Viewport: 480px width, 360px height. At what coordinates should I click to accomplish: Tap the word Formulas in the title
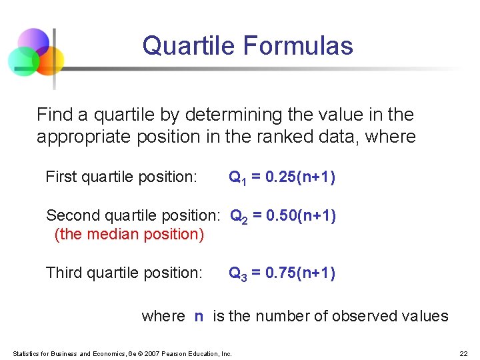point(298,46)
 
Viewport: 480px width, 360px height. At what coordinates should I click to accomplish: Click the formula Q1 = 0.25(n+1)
point(282,177)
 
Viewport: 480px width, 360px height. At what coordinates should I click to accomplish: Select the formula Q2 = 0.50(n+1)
point(283,216)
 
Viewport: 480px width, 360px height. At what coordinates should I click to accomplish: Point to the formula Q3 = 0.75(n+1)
point(282,273)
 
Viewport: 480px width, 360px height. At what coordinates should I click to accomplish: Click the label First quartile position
point(121,177)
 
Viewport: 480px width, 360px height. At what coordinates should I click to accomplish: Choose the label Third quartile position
point(124,273)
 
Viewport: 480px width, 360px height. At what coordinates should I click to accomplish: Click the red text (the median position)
point(129,235)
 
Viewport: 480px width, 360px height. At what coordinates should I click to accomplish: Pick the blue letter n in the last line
point(199,317)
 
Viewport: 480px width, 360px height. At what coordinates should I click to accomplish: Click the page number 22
point(463,353)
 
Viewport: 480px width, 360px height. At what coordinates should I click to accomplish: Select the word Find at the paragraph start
point(54,115)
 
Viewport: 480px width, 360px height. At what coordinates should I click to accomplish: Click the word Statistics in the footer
point(26,353)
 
